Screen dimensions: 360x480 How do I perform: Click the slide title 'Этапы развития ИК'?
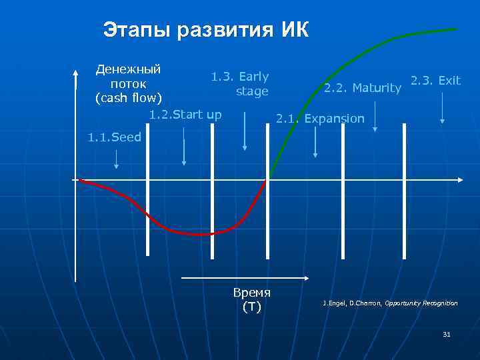(x=206, y=30)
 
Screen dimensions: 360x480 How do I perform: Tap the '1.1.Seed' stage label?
(x=115, y=138)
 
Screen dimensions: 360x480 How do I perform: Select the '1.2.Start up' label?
(x=185, y=115)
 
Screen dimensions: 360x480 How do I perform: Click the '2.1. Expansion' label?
(x=320, y=119)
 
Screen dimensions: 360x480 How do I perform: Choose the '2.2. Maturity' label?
(x=362, y=88)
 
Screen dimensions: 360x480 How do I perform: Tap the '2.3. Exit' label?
(x=435, y=81)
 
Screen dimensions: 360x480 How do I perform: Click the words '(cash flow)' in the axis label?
(x=129, y=98)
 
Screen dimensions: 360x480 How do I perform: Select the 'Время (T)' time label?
(x=251, y=300)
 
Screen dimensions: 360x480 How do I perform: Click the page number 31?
(x=446, y=334)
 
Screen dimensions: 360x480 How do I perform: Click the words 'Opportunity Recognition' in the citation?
(x=421, y=303)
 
